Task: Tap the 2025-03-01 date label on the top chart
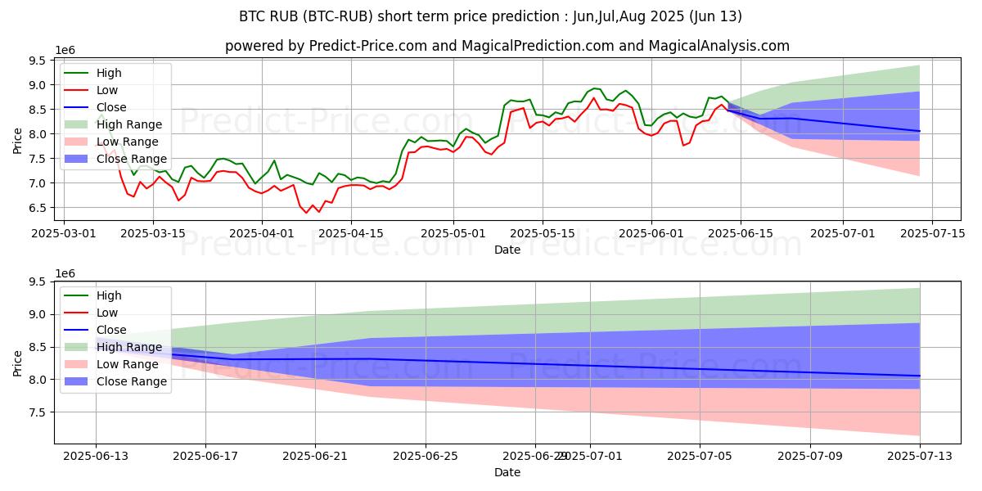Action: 64,233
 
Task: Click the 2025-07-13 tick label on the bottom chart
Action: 920,456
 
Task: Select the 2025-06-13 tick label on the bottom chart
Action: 96,456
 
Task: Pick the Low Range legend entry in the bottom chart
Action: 127,364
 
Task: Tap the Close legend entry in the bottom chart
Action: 111,330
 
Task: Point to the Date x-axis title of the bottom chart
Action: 507,472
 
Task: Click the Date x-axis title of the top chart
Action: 507,250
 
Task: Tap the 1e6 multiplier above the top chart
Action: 65,51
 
